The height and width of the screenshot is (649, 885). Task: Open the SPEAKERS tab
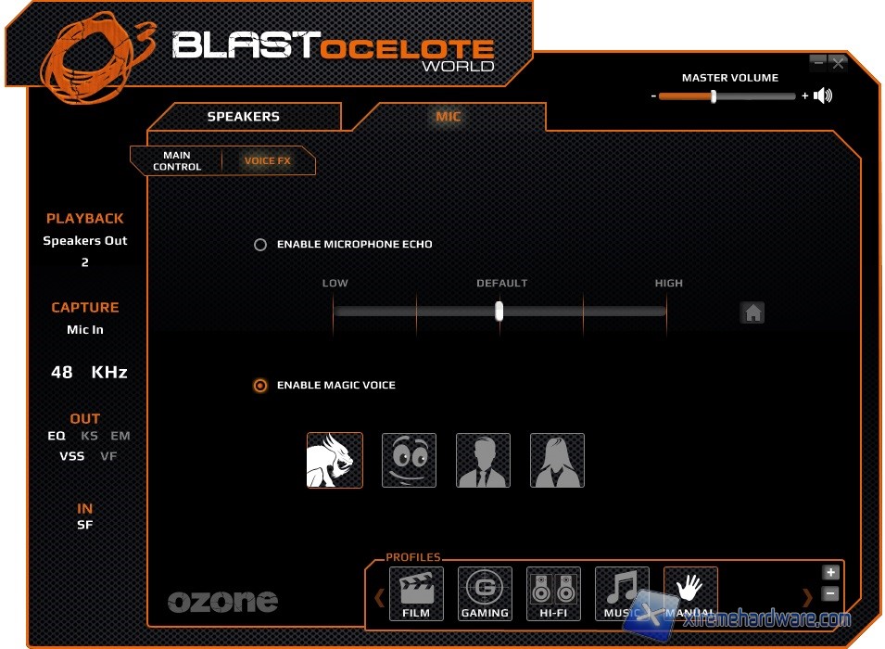click(x=243, y=117)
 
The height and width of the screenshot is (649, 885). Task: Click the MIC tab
click(x=449, y=117)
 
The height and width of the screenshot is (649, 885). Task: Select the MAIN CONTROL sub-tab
click(x=176, y=161)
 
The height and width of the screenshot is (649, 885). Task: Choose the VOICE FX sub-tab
click(x=267, y=161)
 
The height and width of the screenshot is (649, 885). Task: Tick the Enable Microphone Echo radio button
click(x=260, y=245)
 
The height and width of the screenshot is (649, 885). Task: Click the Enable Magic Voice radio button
click(x=260, y=386)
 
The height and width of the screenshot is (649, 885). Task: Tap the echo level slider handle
click(x=499, y=311)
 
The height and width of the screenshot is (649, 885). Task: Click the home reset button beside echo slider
click(x=752, y=312)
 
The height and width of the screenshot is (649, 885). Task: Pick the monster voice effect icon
click(x=335, y=460)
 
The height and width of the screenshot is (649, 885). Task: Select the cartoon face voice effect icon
click(x=409, y=460)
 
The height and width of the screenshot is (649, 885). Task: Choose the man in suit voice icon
click(x=483, y=460)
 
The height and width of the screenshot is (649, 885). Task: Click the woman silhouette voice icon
click(x=557, y=460)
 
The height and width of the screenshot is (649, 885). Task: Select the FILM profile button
click(x=416, y=593)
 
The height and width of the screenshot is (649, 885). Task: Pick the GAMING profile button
click(x=485, y=593)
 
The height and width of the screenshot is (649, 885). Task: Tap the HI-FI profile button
click(x=553, y=593)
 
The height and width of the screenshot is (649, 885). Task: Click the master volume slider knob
click(x=713, y=95)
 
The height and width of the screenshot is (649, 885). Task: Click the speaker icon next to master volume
click(x=823, y=95)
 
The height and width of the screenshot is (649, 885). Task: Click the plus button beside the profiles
click(x=830, y=573)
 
